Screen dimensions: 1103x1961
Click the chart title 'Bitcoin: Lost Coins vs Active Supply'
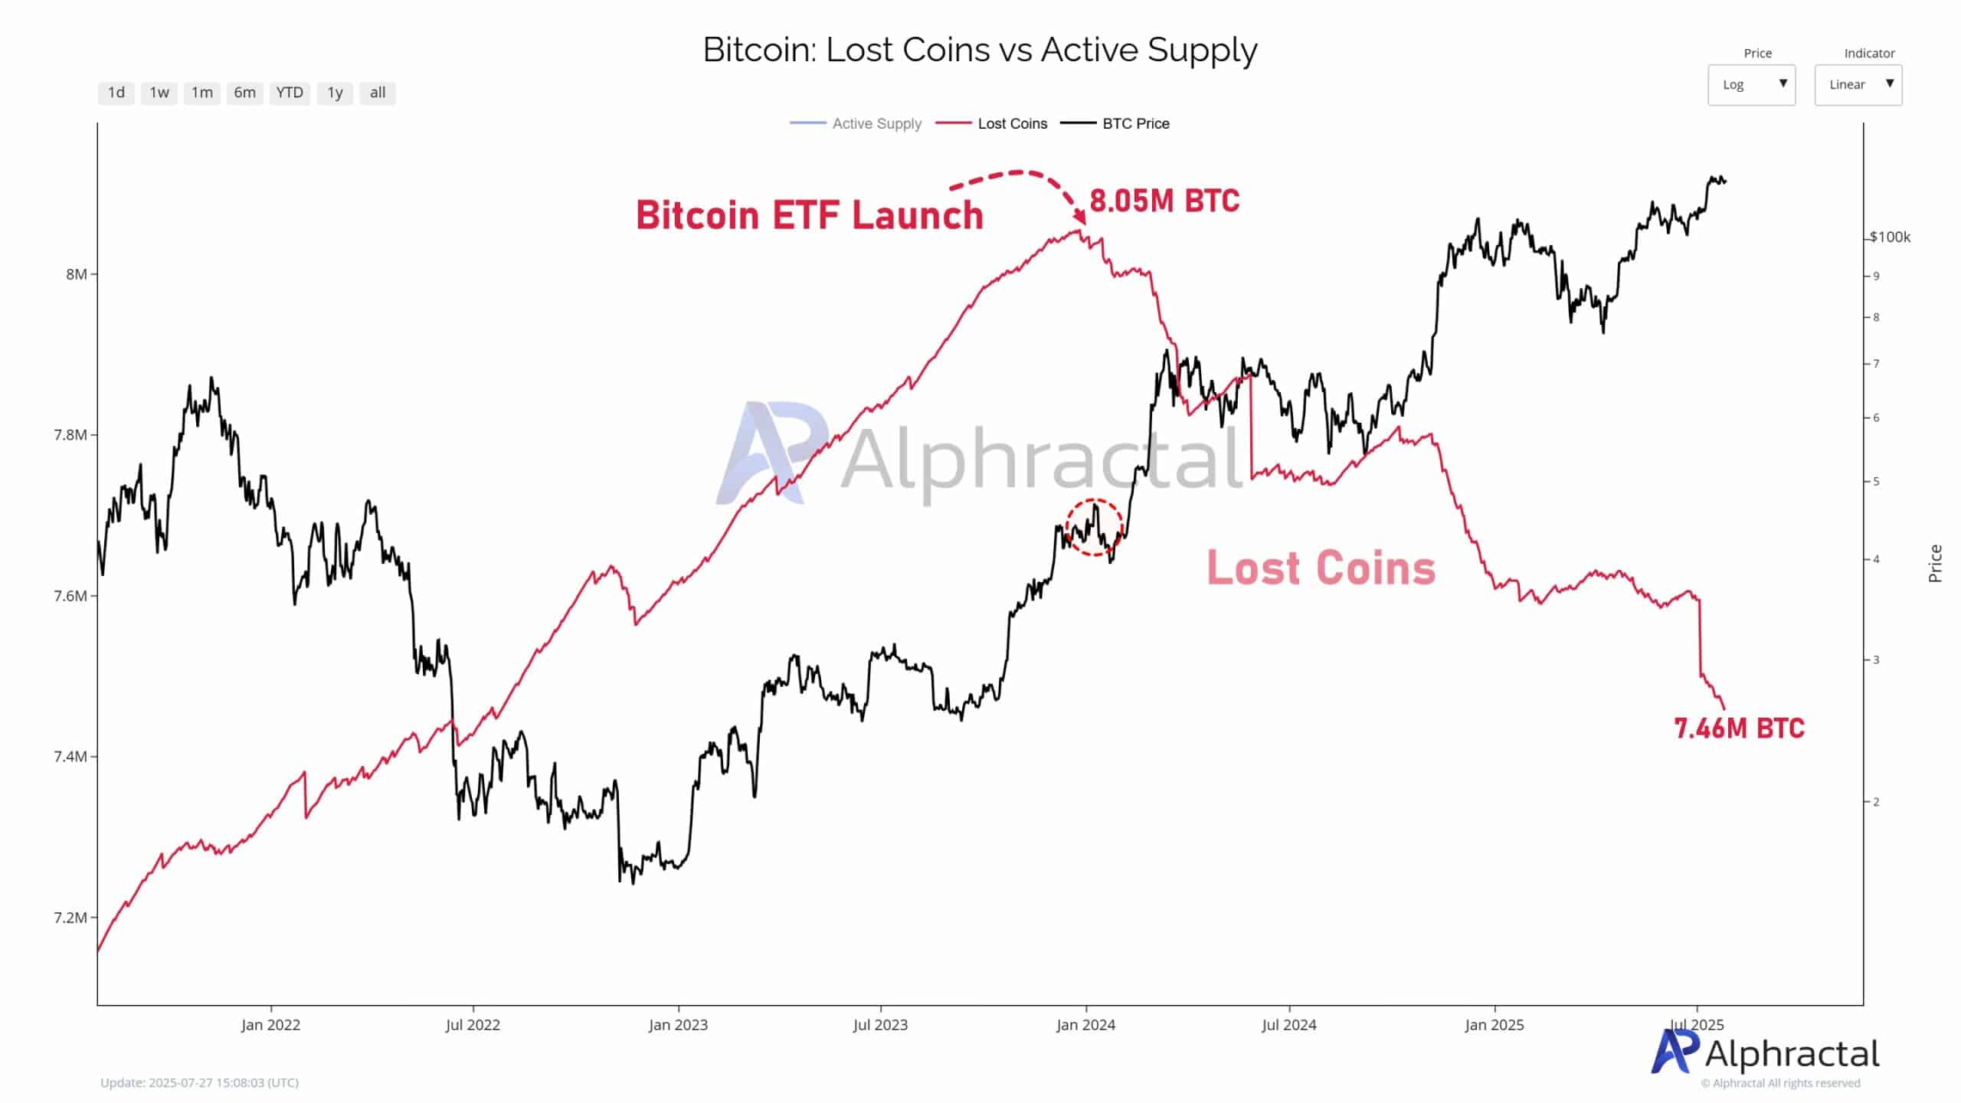[x=980, y=50]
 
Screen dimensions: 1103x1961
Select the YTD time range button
[x=290, y=93]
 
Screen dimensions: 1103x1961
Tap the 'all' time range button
[x=378, y=93]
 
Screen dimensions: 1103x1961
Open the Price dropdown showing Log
[x=1751, y=84]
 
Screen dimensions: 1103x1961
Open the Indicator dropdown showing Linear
[x=1858, y=84]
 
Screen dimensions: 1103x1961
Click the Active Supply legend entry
[x=876, y=123]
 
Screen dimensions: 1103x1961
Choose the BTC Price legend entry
[x=1135, y=123]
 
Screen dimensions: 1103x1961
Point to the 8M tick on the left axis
[x=77, y=274]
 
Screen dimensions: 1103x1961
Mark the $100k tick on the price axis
[x=1890, y=237]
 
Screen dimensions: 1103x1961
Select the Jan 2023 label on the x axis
[x=678, y=1025]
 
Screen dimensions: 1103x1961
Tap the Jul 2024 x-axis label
[x=1289, y=1025]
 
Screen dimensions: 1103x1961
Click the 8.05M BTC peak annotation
[x=1164, y=201]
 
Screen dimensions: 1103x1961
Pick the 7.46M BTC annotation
[x=1739, y=728]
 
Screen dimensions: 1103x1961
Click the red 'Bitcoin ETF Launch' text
[x=809, y=215]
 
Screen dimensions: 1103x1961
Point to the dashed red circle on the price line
[x=1094, y=528]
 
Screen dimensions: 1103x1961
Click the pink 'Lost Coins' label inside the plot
[x=1321, y=568]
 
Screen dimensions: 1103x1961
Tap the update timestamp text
[x=199, y=1082]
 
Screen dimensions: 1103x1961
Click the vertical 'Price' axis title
[x=1936, y=563]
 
